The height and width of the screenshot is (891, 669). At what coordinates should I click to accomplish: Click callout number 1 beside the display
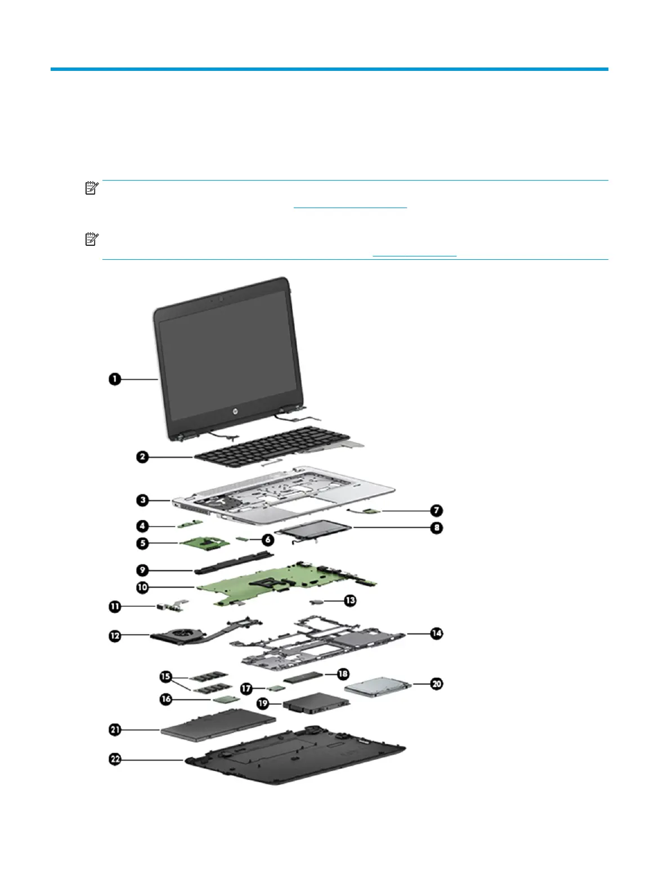point(115,379)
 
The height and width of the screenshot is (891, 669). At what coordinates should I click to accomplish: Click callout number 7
point(437,511)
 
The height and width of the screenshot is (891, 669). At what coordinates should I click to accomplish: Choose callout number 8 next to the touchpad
point(437,528)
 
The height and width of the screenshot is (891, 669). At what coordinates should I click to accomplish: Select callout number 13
point(350,601)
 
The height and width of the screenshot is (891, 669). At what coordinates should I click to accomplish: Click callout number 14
point(437,633)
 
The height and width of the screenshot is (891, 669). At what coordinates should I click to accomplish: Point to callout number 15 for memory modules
point(165,675)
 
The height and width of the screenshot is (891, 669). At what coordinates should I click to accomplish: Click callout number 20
point(437,684)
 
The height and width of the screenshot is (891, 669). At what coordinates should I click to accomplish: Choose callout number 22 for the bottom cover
point(115,759)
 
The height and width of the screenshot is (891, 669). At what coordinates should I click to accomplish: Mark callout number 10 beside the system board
point(142,587)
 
